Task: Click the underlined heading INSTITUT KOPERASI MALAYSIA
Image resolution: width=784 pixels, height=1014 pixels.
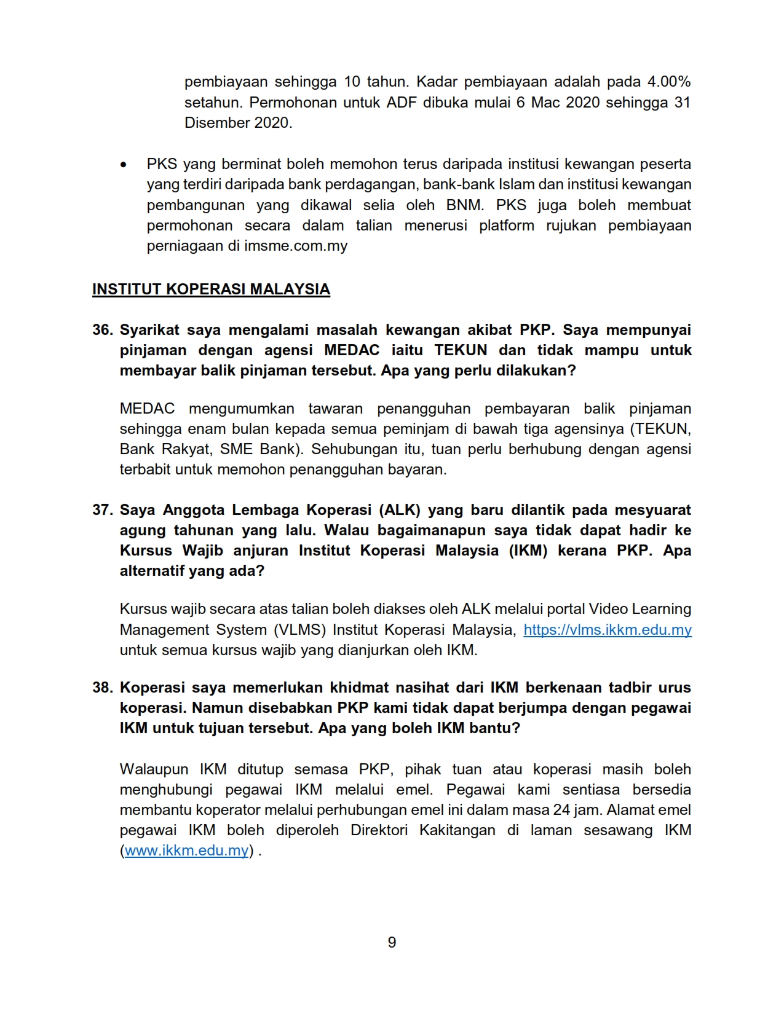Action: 211,289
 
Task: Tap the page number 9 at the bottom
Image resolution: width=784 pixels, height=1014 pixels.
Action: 392,942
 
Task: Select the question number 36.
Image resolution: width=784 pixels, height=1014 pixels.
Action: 102,330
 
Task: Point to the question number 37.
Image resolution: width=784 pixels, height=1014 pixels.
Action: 102,510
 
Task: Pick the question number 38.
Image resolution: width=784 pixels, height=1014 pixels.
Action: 102,688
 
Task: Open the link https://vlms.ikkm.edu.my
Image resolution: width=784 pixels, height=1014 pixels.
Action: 607,630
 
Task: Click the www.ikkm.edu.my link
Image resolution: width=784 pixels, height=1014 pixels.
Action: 186,851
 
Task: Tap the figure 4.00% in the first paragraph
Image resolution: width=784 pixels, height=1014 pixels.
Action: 668,82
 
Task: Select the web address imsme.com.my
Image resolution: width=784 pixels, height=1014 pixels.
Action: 296,246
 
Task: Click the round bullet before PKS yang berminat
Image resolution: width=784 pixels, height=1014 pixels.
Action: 124,165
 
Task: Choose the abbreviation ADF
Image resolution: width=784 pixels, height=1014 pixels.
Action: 401,102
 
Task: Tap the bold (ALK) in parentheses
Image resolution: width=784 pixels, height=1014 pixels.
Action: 400,510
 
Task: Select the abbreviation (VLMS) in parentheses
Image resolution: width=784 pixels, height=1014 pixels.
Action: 299,630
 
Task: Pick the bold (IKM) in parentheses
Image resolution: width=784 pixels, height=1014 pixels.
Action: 528,551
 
